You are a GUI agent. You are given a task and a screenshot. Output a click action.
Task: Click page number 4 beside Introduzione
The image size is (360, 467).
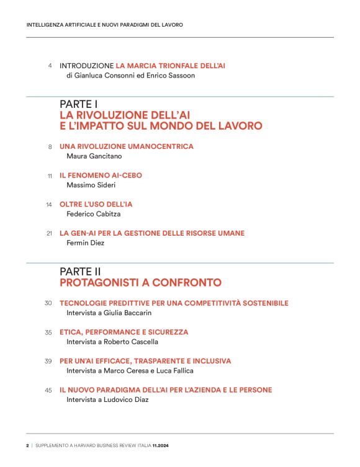[50, 66]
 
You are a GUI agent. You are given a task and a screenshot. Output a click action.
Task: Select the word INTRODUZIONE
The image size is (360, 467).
[87, 65]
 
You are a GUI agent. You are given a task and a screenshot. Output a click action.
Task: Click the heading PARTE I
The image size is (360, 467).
[79, 104]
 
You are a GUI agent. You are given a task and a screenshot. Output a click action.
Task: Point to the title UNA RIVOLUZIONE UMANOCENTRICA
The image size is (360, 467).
[127, 146]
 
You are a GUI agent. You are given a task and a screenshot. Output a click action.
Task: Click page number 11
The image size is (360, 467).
[50, 176]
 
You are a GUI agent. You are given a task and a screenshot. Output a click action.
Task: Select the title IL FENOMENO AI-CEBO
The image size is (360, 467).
[101, 176]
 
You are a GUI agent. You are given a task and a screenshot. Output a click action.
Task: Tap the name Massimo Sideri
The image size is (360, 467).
[92, 185]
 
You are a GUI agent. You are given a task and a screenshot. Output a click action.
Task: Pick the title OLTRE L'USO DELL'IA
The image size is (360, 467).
[96, 204]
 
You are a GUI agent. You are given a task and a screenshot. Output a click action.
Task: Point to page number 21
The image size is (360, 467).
[50, 234]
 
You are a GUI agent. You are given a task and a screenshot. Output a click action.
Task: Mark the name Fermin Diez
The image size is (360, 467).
[86, 243]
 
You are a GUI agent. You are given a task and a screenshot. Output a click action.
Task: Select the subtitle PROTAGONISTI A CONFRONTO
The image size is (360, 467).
[140, 283]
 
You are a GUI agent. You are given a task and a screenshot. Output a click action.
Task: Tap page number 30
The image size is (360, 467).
[48, 303]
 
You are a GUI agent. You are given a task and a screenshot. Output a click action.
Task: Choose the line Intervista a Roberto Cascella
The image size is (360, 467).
[112, 342]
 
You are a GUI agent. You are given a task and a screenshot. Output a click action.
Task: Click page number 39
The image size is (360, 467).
[48, 361]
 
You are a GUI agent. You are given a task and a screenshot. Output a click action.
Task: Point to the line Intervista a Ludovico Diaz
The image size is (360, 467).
[107, 399]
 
